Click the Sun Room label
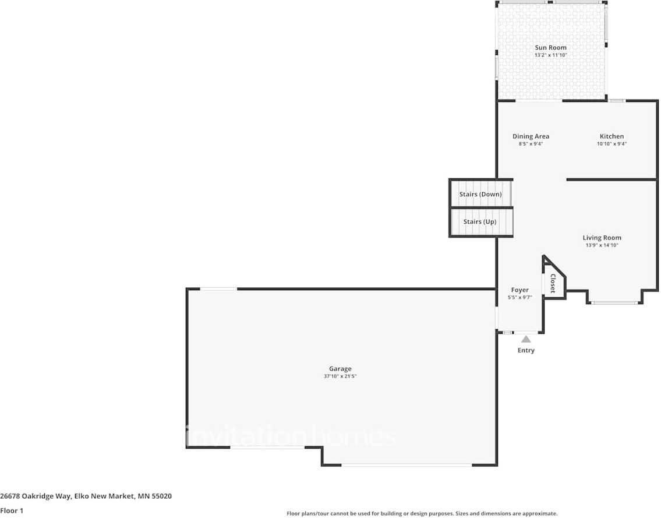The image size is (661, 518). pos(550,48)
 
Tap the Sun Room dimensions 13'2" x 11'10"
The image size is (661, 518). pos(550,55)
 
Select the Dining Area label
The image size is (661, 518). pos(531,136)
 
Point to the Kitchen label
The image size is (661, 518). pos(611,136)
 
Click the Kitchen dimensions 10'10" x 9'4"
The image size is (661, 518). pos(611,144)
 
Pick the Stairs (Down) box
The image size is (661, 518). pos(480,194)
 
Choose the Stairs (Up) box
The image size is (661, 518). pos(480,222)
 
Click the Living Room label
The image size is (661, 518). pos(602,238)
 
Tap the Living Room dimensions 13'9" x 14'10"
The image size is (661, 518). pos(602,245)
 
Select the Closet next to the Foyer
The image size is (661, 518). pos(552,283)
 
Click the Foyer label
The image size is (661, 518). pos(519,290)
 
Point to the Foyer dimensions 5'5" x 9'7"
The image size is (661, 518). pos(519,298)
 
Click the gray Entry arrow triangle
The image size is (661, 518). pos(526,339)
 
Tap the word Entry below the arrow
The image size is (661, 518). pos(526,350)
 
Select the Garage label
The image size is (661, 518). pos(340,369)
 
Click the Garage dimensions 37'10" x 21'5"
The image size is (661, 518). pos(340,376)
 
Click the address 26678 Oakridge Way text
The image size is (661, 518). pos(86,496)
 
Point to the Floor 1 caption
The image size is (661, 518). pos(11,510)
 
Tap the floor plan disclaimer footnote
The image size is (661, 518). pos(422,513)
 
